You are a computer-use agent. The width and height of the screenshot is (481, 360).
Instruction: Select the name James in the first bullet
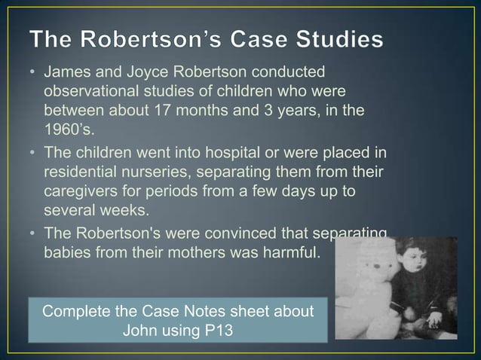[67, 73]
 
